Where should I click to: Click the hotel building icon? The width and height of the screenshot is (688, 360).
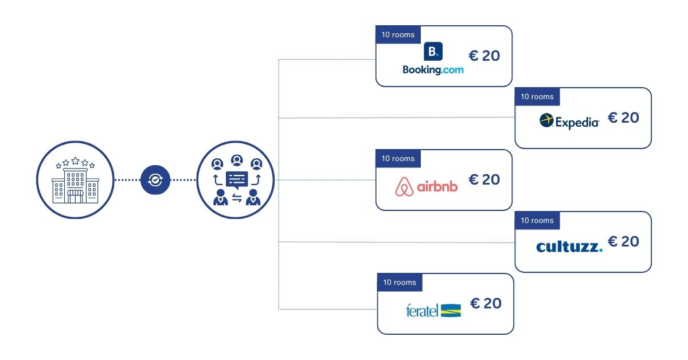[75, 180]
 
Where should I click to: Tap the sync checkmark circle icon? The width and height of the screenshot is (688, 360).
[155, 180]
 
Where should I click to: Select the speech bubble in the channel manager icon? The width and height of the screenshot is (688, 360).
[236, 179]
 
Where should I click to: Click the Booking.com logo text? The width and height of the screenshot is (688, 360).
[433, 69]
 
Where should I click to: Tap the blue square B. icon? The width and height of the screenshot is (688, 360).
[433, 52]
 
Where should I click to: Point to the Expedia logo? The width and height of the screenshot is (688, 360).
[569, 121]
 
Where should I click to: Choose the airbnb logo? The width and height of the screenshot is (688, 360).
[427, 186]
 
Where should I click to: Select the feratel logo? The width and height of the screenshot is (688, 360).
[433, 310]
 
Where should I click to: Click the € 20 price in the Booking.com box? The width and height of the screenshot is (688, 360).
[484, 56]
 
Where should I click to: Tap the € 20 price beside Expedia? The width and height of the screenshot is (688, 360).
[623, 118]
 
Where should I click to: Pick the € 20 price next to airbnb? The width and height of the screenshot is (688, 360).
[484, 179]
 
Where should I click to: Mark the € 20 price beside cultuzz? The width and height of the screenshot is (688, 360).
[623, 241]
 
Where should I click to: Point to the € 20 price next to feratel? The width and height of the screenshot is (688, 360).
[486, 303]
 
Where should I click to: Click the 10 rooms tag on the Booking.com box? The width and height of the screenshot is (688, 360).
[398, 34]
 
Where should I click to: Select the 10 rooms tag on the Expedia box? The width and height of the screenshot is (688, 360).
[537, 96]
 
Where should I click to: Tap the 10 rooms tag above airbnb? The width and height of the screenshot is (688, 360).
[398, 158]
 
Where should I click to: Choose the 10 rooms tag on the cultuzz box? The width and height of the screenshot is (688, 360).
[537, 220]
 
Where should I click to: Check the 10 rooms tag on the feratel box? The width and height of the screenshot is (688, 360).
[400, 282]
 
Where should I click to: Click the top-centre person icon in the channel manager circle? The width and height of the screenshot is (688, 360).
[236, 161]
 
